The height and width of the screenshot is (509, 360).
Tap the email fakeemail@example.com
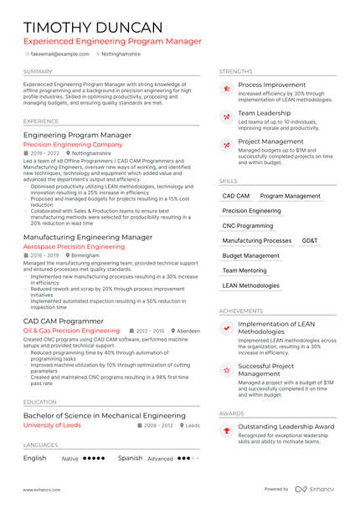[x=60, y=54]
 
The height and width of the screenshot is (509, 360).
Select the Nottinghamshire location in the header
[x=121, y=54]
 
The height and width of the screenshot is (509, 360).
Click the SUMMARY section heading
[x=38, y=72]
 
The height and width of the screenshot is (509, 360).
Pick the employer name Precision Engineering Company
[x=73, y=144]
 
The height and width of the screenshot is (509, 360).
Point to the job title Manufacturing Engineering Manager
[x=88, y=237]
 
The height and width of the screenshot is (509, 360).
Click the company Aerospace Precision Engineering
[x=74, y=247]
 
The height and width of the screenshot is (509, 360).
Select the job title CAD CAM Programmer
[x=64, y=321]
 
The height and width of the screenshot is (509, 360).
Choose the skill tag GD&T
[x=310, y=240]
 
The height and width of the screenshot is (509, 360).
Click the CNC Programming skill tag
[x=248, y=226]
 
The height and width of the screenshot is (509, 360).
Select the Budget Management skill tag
[x=251, y=255]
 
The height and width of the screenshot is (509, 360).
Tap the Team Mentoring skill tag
[x=244, y=270]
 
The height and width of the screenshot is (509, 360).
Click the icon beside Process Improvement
[x=225, y=88]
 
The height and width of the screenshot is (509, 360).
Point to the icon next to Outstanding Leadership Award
[x=225, y=430]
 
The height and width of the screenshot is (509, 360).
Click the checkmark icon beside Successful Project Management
[x=225, y=369]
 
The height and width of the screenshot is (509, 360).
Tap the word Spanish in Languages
[x=130, y=458]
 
